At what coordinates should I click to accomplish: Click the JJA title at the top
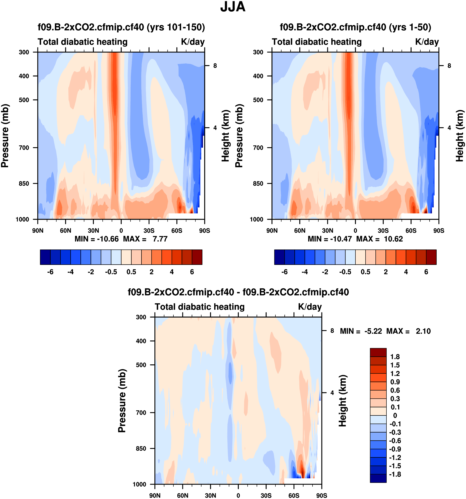click(233, 7)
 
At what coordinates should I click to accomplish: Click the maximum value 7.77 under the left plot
click(160, 239)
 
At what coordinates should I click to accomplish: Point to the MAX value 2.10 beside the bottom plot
click(423, 331)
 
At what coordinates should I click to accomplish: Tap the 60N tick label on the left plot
click(66, 230)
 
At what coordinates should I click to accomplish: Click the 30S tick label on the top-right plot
click(383, 230)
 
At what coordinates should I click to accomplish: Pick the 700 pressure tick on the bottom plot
click(141, 412)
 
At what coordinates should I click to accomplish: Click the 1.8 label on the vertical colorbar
click(395, 357)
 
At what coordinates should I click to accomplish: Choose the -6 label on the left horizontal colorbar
click(50, 272)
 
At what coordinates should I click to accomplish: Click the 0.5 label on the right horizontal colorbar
click(366, 272)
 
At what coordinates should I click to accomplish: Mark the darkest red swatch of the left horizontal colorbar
click(197, 257)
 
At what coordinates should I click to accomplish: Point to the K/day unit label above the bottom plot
click(310, 307)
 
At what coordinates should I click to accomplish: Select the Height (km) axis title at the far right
click(460, 136)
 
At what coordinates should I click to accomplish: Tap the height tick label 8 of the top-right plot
click(449, 66)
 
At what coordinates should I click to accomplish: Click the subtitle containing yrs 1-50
click(355, 27)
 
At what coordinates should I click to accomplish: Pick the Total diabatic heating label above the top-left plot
click(83, 42)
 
